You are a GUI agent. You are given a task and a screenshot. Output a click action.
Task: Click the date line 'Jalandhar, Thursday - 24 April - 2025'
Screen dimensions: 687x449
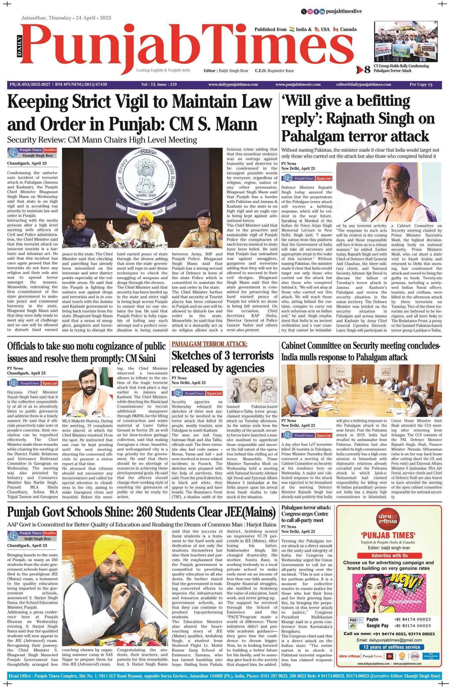66,18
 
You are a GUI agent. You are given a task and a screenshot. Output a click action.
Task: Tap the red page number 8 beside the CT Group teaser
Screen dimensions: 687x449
367,70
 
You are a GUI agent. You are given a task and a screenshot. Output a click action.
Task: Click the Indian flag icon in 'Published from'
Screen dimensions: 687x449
292,29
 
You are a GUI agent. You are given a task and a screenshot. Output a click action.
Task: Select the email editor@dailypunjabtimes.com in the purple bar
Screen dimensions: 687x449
363,85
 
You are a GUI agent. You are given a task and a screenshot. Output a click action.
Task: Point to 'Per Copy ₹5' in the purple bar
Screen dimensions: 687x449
421,85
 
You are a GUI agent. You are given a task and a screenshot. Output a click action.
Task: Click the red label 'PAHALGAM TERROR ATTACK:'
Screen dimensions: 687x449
209,344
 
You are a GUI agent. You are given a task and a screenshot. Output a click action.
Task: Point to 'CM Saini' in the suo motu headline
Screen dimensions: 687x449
140,358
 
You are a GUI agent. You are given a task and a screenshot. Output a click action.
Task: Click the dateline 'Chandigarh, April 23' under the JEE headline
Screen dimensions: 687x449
27,545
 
